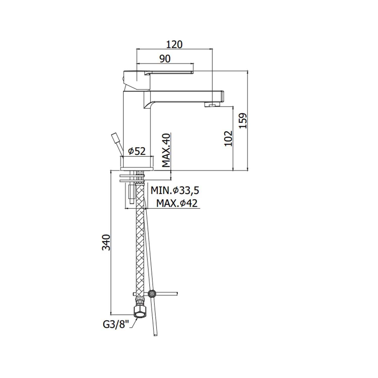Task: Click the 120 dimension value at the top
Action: (x=174, y=45)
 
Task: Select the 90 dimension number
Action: (x=165, y=59)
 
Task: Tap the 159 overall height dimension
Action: (x=243, y=121)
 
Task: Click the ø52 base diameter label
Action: (x=137, y=151)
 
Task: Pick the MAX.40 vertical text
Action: (x=166, y=150)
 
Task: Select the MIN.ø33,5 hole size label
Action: (x=175, y=191)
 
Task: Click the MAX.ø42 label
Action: (x=177, y=203)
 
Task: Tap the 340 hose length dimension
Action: (x=106, y=242)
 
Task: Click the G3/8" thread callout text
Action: (x=116, y=324)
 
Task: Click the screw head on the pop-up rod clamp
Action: (x=152, y=293)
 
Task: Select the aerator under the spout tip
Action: (x=211, y=105)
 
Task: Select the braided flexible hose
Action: (x=140, y=239)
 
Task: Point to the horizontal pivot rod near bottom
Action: (x=166, y=294)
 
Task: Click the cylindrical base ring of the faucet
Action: (x=137, y=163)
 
